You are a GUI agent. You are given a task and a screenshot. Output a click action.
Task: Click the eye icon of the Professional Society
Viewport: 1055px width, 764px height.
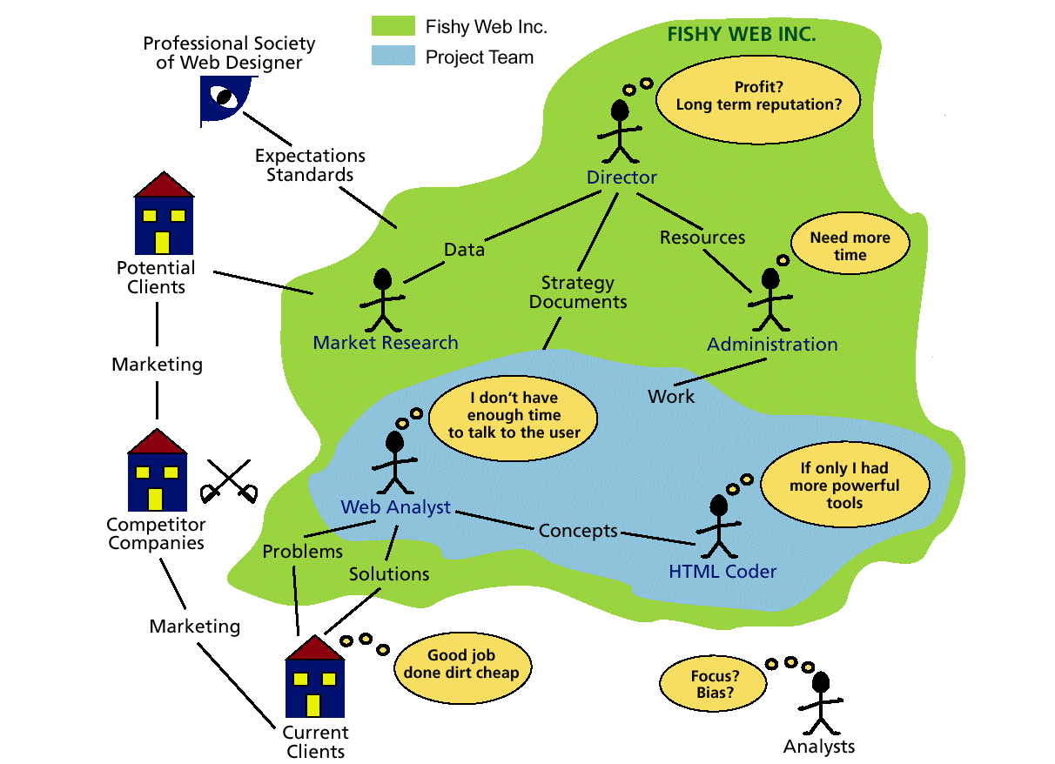coord(225,99)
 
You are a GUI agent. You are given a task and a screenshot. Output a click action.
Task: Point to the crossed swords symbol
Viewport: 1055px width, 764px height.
coord(229,480)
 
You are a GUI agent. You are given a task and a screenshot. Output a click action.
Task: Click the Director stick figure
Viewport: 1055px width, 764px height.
coord(620,131)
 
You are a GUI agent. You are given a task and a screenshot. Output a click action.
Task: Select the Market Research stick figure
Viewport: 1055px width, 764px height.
coord(382,300)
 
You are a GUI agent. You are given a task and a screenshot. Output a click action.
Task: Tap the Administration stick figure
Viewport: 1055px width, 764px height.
coord(770,301)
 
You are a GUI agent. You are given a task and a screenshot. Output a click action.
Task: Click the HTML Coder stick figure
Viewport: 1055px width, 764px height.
coord(719,526)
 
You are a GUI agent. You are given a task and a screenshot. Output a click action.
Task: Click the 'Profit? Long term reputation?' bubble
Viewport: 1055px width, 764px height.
coord(759,96)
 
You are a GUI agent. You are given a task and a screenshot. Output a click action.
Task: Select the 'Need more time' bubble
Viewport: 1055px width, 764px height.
coord(850,246)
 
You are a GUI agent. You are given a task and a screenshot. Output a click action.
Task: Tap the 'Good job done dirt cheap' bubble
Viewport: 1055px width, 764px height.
coord(460,665)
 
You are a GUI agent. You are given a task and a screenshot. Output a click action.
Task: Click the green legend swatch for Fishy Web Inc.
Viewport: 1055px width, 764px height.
coord(393,26)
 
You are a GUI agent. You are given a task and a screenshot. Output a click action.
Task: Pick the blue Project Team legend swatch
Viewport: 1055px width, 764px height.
coord(393,57)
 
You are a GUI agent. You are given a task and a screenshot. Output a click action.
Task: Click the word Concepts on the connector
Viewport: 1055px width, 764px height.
coord(578,531)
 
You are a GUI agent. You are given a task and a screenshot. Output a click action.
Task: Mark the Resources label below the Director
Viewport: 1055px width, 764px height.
coord(702,238)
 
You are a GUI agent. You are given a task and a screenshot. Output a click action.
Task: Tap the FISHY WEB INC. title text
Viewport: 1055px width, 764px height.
coord(741,36)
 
